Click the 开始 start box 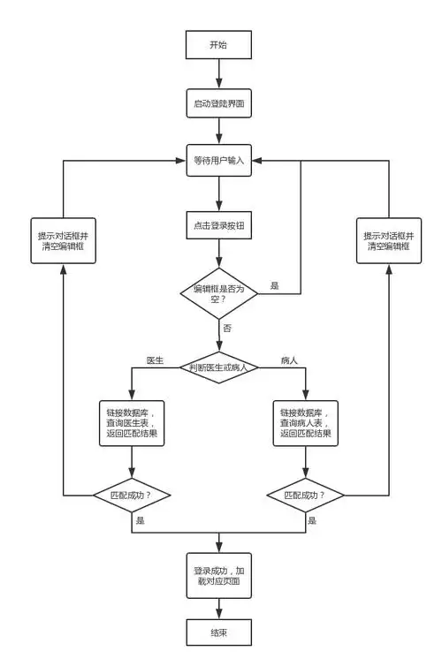tap(218, 44)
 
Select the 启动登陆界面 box tap(218, 103)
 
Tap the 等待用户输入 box tap(218, 161)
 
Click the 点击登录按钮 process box tap(218, 226)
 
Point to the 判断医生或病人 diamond tap(218, 367)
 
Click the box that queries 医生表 tap(132, 421)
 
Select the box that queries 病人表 tap(306, 421)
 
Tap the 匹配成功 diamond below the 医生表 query tap(132, 496)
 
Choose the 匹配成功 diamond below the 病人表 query tap(306, 496)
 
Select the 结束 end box tap(218, 633)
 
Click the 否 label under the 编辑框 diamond tap(227, 328)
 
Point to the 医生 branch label tap(155, 360)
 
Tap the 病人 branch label tap(288, 360)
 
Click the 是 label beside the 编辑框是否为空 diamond tap(275, 285)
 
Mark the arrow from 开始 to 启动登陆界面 tap(218, 73)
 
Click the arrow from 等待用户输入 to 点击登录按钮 tap(218, 193)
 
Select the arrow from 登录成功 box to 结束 tap(218, 608)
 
